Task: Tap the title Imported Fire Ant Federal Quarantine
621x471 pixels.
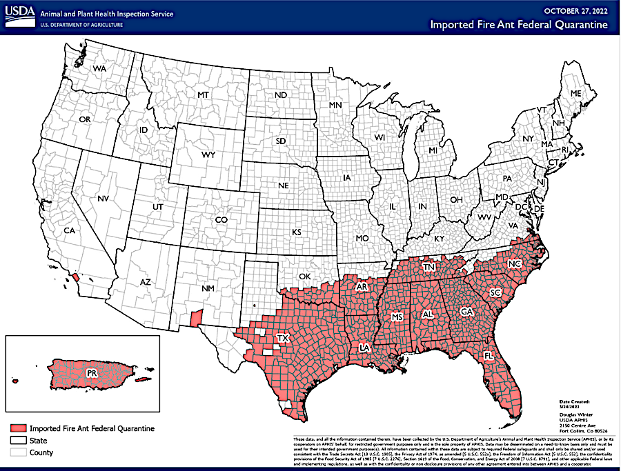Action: tap(519, 25)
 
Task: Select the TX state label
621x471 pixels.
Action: tap(282, 338)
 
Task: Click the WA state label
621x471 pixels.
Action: tap(100, 69)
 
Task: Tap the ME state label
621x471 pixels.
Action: tap(575, 92)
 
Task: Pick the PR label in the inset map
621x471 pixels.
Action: tap(92, 373)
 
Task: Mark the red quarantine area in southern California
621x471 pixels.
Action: tap(75, 278)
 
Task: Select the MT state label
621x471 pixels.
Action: tap(203, 94)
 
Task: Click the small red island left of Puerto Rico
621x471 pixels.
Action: tap(14, 380)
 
